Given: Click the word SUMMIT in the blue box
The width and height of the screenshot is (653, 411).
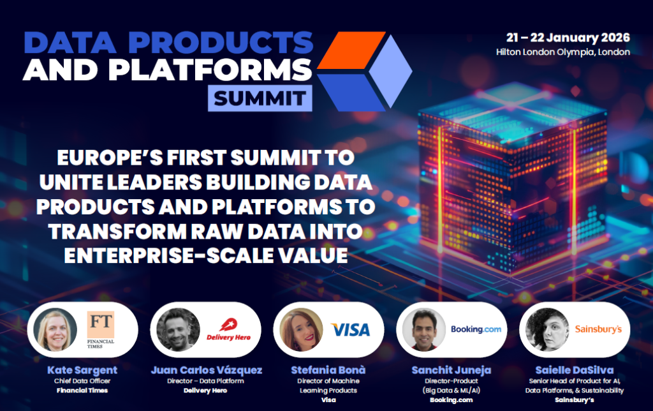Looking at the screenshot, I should [x=260, y=99].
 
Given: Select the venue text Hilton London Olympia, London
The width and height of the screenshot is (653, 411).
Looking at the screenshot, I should [x=562, y=52].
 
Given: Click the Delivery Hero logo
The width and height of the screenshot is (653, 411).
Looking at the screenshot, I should [x=228, y=330].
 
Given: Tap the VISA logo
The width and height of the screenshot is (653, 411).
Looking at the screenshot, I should [x=350, y=329].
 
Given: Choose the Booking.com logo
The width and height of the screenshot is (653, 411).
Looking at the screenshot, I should [x=476, y=329].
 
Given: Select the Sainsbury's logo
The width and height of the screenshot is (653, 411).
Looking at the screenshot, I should [x=598, y=329].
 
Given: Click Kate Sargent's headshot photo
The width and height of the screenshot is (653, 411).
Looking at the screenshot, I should [x=56, y=329].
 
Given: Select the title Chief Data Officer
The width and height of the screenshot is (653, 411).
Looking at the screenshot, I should [x=82, y=381].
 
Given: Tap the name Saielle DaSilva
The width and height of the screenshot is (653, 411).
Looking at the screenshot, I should [x=571, y=370].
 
